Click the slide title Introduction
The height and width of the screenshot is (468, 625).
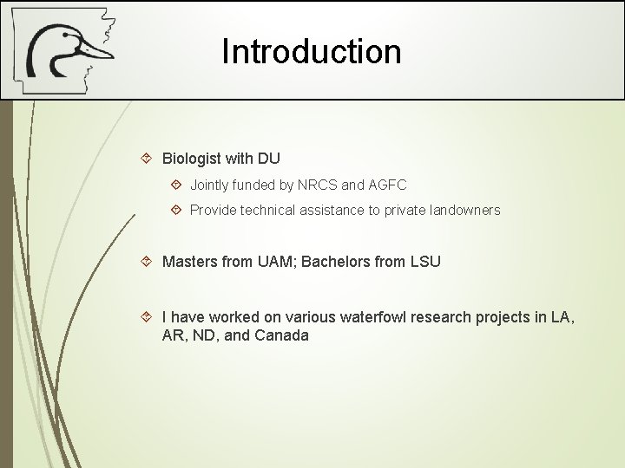click(312, 51)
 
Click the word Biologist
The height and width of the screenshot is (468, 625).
click(191, 159)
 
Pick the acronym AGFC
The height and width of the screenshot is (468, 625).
click(387, 185)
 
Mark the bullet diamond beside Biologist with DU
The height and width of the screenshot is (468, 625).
click(147, 159)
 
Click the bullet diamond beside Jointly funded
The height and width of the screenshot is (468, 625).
click(176, 185)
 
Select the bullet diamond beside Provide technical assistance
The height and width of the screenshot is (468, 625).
click(176, 210)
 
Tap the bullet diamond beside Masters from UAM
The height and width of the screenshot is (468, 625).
click(147, 261)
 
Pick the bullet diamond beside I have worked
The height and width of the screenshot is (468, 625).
click(147, 317)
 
